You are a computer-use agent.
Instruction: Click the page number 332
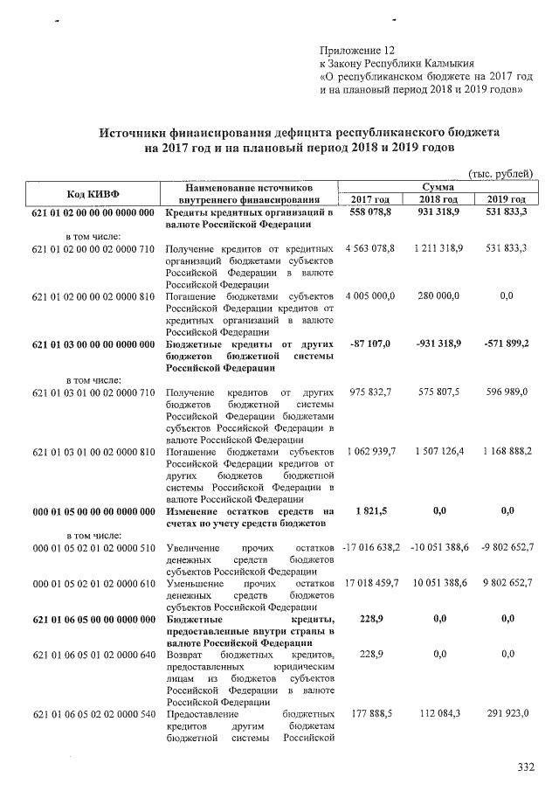coord(525,768)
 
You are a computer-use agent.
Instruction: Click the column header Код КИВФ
coord(93,192)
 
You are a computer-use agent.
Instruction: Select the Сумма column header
coord(437,186)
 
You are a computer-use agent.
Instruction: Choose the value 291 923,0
coord(506,713)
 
